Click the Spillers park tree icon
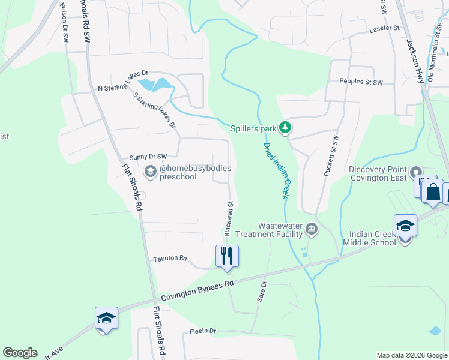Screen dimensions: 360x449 pos(286,127)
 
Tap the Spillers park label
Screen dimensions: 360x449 pos(253,128)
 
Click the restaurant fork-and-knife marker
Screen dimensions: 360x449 pos(228,256)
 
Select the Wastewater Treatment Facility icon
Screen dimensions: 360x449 pos(312,228)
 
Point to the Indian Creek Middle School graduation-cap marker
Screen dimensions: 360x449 pos(405,226)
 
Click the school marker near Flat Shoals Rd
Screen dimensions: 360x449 pos(106,318)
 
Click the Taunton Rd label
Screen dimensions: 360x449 pos(166,258)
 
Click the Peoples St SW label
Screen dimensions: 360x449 pos(361,82)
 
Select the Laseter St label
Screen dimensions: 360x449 pos(385,28)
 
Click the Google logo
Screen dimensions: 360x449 pos(20,353)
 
